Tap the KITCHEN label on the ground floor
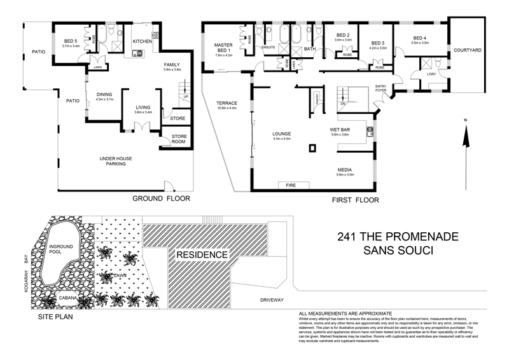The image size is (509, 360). click(x=142, y=41)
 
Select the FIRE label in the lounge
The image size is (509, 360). click(x=291, y=185)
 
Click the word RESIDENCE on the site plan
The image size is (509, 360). click(x=202, y=255)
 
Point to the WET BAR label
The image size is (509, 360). click(x=340, y=131)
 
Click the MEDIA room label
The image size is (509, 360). click(x=345, y=170)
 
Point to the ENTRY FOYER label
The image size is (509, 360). click(x=382, y=88)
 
